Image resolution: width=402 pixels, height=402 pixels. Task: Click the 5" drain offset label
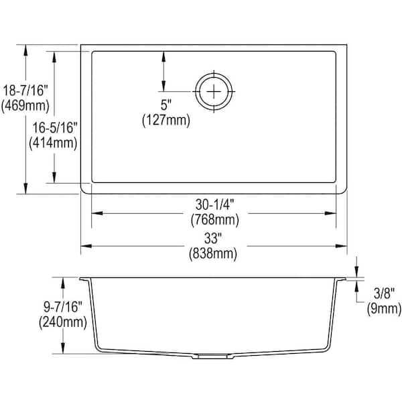coord(166,106)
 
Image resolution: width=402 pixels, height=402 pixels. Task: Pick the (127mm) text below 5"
coord(166,121)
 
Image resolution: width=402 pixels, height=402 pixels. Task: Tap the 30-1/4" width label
coord(214,203)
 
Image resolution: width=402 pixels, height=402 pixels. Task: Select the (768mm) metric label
coord(214,219)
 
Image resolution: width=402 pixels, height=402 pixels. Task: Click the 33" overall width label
coord(214,237)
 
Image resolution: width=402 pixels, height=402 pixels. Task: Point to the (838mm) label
coord(214,253)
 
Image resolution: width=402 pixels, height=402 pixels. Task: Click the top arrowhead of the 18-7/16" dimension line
coord(26,49)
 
